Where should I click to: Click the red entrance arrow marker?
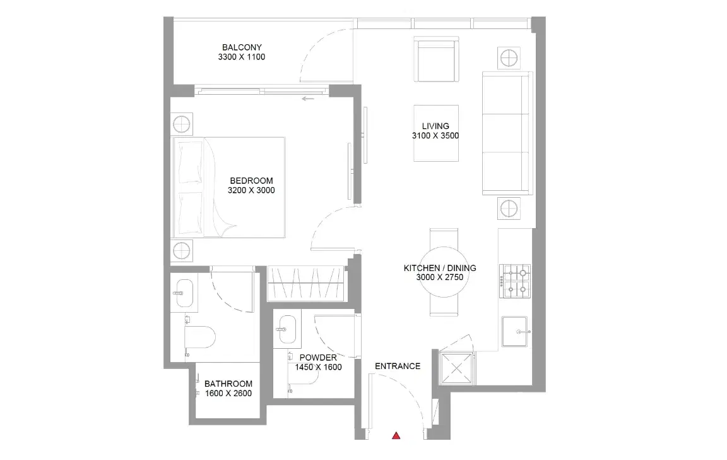[396, 435]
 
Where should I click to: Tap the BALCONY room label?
[241, 47]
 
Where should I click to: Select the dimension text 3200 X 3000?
[251, 190]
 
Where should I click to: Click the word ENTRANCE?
[397, 366]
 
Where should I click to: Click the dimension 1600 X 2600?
[228, 394]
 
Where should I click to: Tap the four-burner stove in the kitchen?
[516, 282]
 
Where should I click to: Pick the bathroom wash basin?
[184, 293]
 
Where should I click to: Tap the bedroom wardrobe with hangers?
[306, 283]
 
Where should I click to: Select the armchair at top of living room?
[435, 60]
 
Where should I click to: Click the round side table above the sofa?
[509, 59]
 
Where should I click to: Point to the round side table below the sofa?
[509, 208]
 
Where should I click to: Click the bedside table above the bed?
[181, 123]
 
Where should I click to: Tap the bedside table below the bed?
[181, 250]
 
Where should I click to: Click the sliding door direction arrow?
[308, 99]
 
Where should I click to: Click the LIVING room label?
[435, 126]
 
